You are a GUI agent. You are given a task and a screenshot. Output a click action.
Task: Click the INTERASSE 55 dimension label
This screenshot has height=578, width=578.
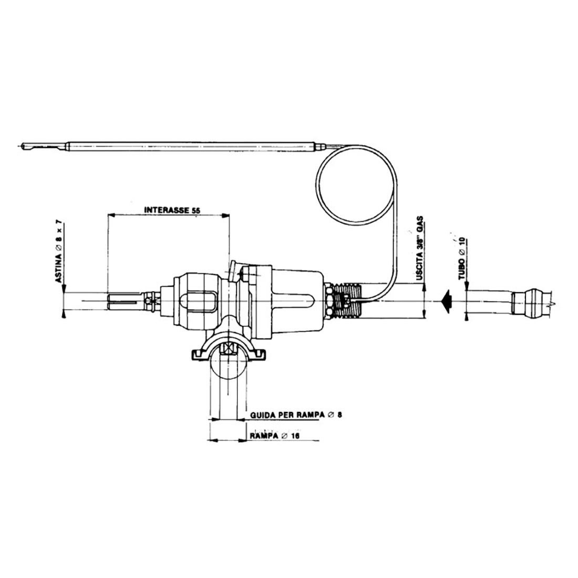(172, 210)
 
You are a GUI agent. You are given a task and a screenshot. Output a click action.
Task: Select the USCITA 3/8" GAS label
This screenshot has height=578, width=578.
(419, 249)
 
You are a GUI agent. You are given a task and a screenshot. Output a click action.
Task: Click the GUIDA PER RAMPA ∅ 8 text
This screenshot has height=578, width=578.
(296, 415)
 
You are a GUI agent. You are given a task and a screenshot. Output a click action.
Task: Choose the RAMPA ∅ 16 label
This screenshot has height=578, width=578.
(275, 436)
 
